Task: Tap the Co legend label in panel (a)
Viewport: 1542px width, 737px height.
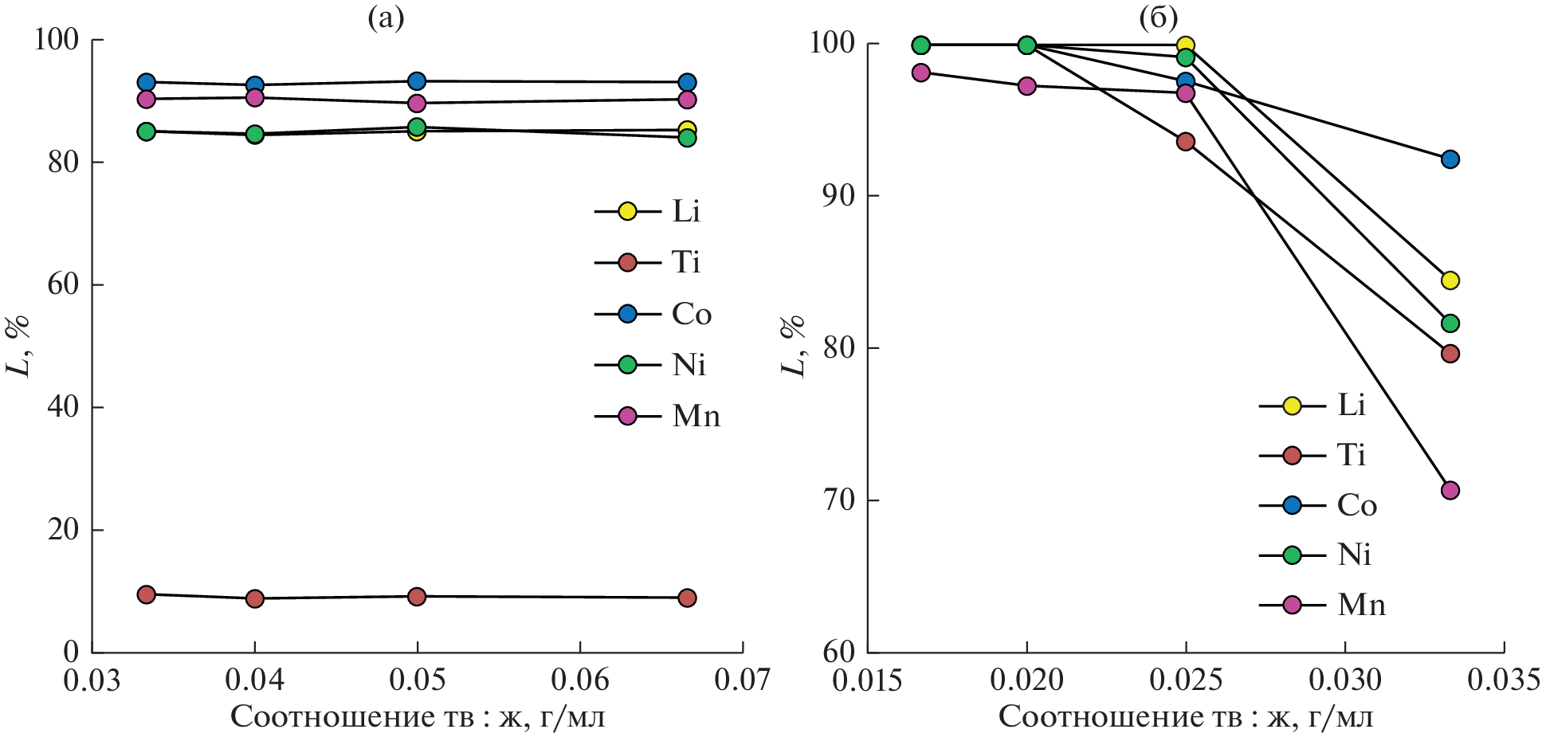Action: click(691, 314)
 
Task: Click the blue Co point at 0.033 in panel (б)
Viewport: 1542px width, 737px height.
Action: click(1450, 159)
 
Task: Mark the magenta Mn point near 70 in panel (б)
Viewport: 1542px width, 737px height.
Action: click(1450, 490)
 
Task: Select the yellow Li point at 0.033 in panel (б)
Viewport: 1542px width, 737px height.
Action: click(1450, 280)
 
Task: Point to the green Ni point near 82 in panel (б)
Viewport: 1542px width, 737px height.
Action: click(1450, 323)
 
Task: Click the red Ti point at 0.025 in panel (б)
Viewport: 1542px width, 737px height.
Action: click(1186, 142)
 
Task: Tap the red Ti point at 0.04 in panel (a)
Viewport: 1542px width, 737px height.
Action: click(255, 598)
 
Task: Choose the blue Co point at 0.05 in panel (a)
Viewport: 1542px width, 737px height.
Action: click(417, 81)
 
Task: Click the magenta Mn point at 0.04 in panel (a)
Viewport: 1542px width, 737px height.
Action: click(255, 97)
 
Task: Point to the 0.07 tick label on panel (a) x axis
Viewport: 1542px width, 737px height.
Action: click(743, 680)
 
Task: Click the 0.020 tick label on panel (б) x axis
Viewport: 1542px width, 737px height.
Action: click(1027, 680)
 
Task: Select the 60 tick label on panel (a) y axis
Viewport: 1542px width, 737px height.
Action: click(63, 284)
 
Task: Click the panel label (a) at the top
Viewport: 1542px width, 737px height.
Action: click(386, 18)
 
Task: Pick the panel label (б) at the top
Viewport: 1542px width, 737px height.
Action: click(1159, 18)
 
